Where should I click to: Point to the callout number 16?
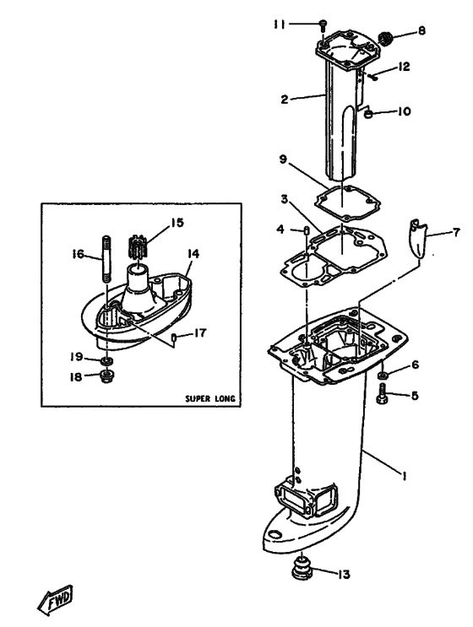77,251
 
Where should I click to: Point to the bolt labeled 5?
383,392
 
